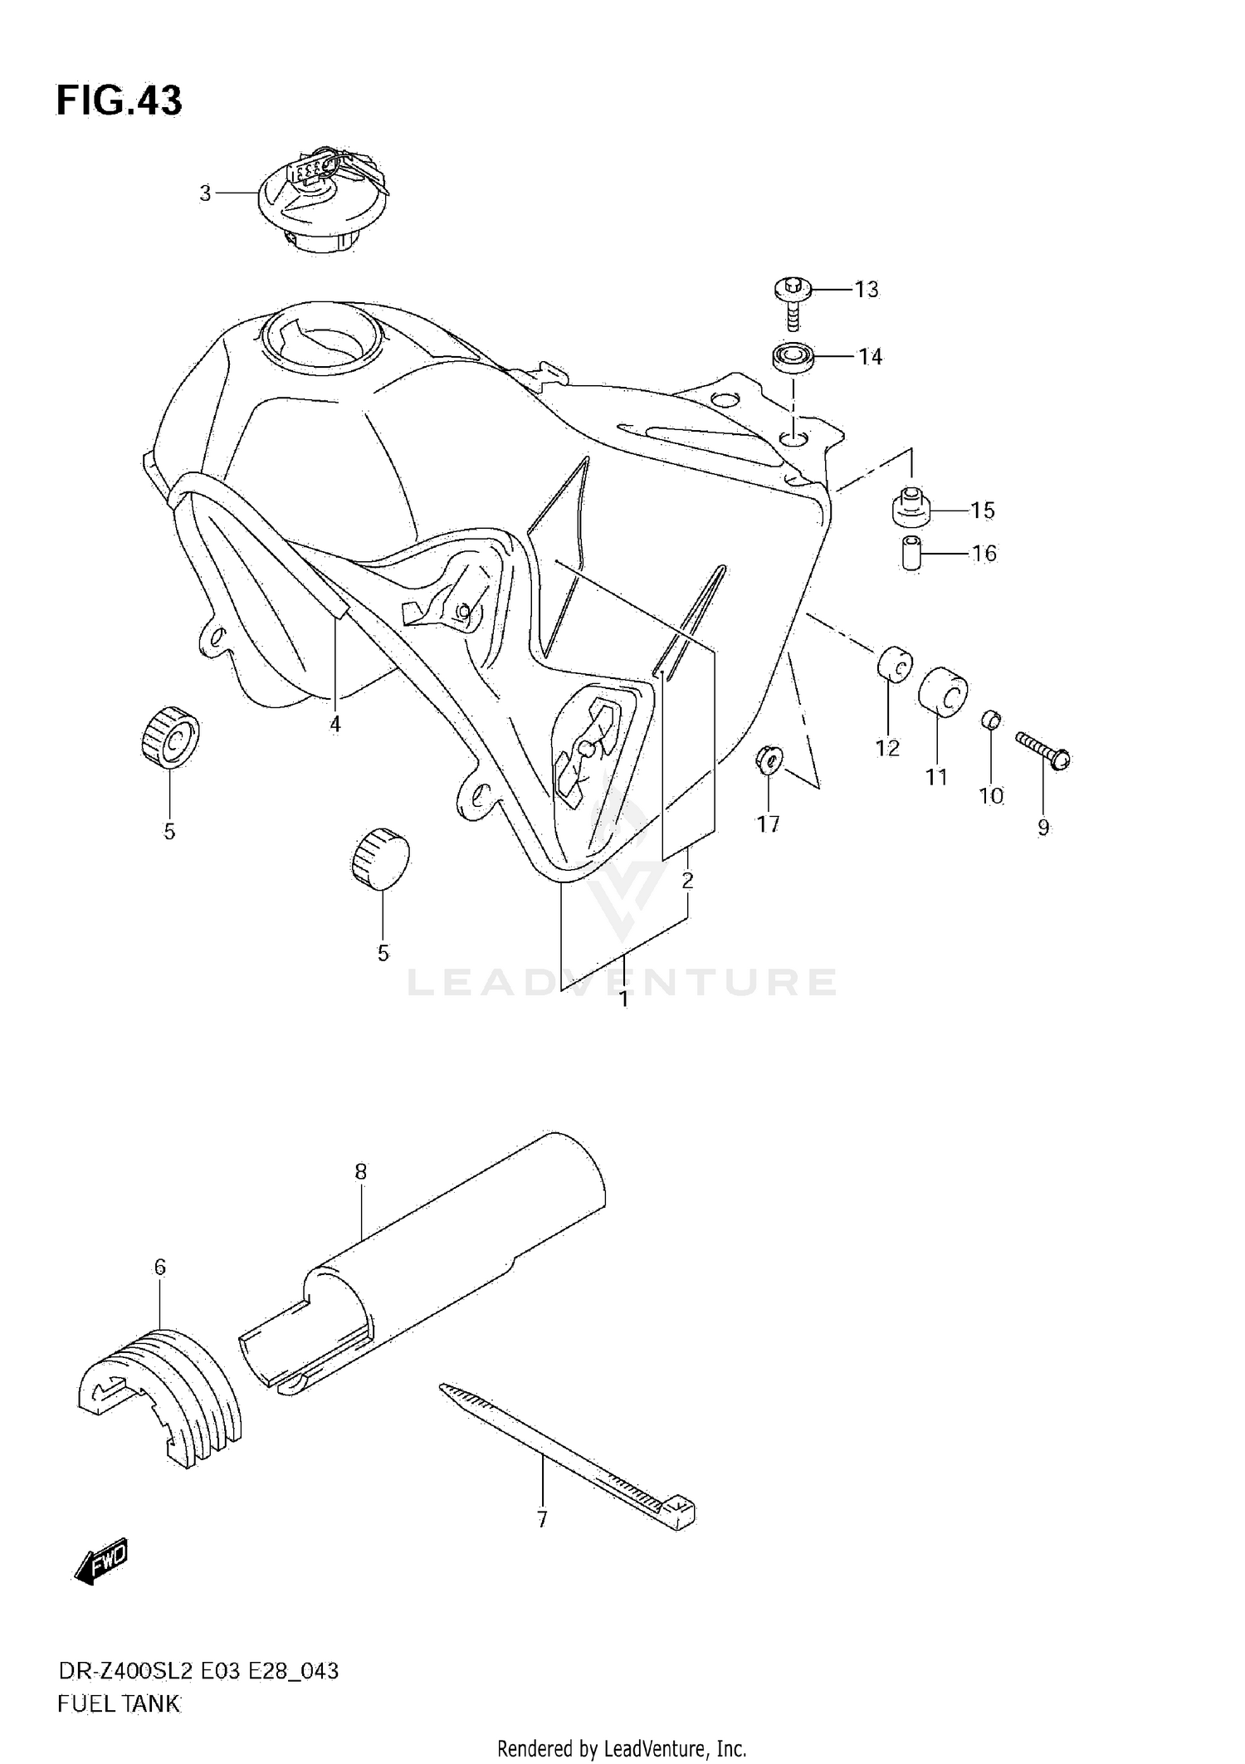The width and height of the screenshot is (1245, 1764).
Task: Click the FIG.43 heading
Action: (x=119, y=100)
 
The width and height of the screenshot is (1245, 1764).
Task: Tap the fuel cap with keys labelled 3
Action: (x=321, y=199)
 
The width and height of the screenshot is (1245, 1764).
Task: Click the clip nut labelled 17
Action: (x=769, y=758)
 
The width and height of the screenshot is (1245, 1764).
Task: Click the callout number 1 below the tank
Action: (x=623, y=999)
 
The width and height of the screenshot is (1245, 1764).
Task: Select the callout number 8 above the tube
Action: (x=360, y=1171)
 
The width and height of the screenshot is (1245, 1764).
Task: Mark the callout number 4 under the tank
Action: (x=334, y=724)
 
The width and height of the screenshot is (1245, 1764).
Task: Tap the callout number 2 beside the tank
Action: (x=687, y=880)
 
